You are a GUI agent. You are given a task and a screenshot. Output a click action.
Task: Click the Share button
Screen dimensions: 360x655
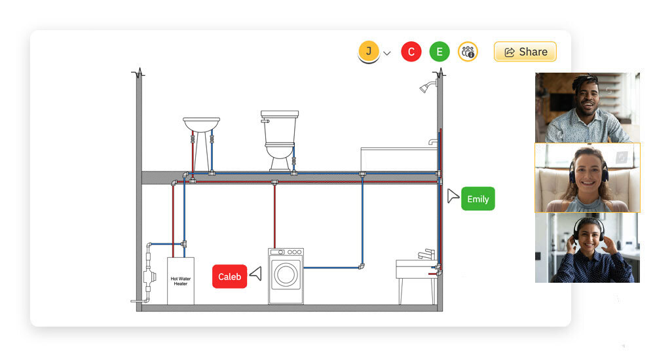click(x=525, y=52)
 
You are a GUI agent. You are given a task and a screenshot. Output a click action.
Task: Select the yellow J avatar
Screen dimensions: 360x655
click(x=369, y=51)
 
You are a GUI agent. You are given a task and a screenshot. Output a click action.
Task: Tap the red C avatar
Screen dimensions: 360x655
click(x=411, y=52)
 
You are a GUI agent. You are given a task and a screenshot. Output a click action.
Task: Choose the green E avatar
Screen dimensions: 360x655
click(x=440, y=52)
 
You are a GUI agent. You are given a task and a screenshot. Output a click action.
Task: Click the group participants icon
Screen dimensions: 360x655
click(x=468, y=52)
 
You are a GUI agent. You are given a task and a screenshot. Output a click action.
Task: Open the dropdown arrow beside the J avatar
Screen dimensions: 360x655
click(x=387, y=53)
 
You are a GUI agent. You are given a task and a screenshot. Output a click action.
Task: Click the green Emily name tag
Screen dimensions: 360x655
click(x=477, y=199)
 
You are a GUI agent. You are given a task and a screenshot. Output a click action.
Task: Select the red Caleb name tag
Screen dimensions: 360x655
click(x=229, y=276)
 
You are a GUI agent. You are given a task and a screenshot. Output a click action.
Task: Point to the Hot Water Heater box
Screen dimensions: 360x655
click(x=180, y=281)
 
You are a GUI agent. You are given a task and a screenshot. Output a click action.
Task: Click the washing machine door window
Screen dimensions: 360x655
click(x=286, y=274)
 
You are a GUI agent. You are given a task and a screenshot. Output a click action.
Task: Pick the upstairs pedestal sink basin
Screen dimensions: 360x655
click(x=201, y=124)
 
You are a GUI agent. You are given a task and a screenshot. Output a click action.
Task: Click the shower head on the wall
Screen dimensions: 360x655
click(x=427, y=87)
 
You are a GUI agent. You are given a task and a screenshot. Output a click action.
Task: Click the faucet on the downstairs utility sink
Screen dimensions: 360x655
click(x=426, y=253)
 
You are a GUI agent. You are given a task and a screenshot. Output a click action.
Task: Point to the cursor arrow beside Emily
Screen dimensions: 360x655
click(x=453, y=196)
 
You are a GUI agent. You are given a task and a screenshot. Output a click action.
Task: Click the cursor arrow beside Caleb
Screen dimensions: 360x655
click(x=255, y=274)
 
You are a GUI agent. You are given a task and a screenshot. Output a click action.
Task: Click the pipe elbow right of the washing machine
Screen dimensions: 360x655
click(x=362, y=266)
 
